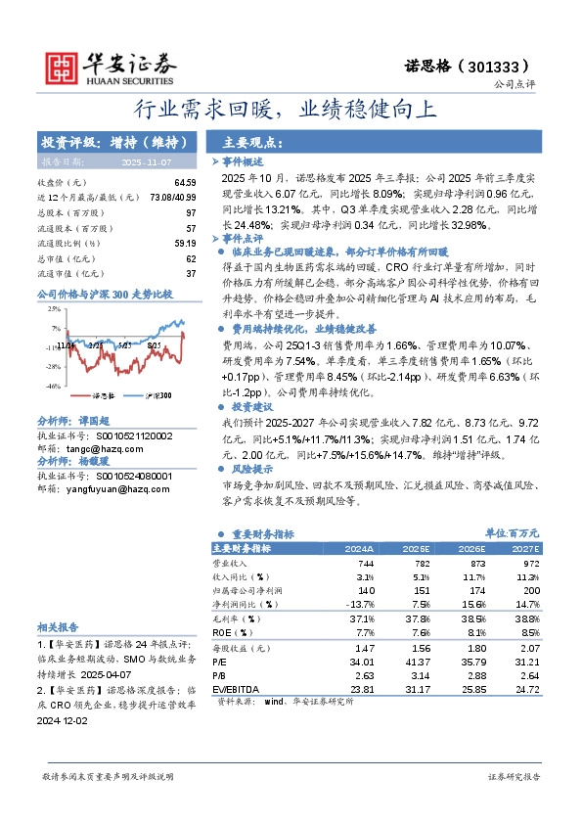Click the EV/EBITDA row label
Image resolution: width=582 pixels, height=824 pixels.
pos(236,689)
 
